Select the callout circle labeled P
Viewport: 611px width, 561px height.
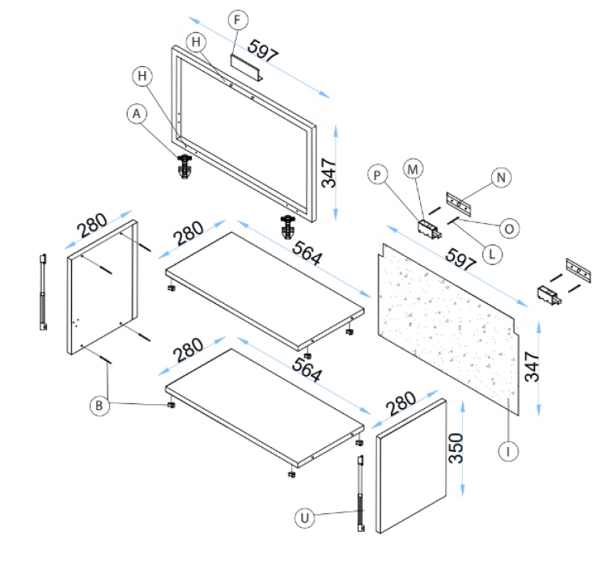(x=377, y=174)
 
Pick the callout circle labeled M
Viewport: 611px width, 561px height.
(x=414, y=168)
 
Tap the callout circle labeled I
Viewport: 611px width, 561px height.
(x=507, y=452)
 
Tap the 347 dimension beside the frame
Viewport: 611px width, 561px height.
(x=329, y=171)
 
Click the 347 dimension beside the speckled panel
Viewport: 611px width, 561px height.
(x=532, y=369)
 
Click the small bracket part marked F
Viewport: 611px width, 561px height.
(x=244, y=67)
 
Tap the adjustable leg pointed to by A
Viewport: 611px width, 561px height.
(x=186, y=168)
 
